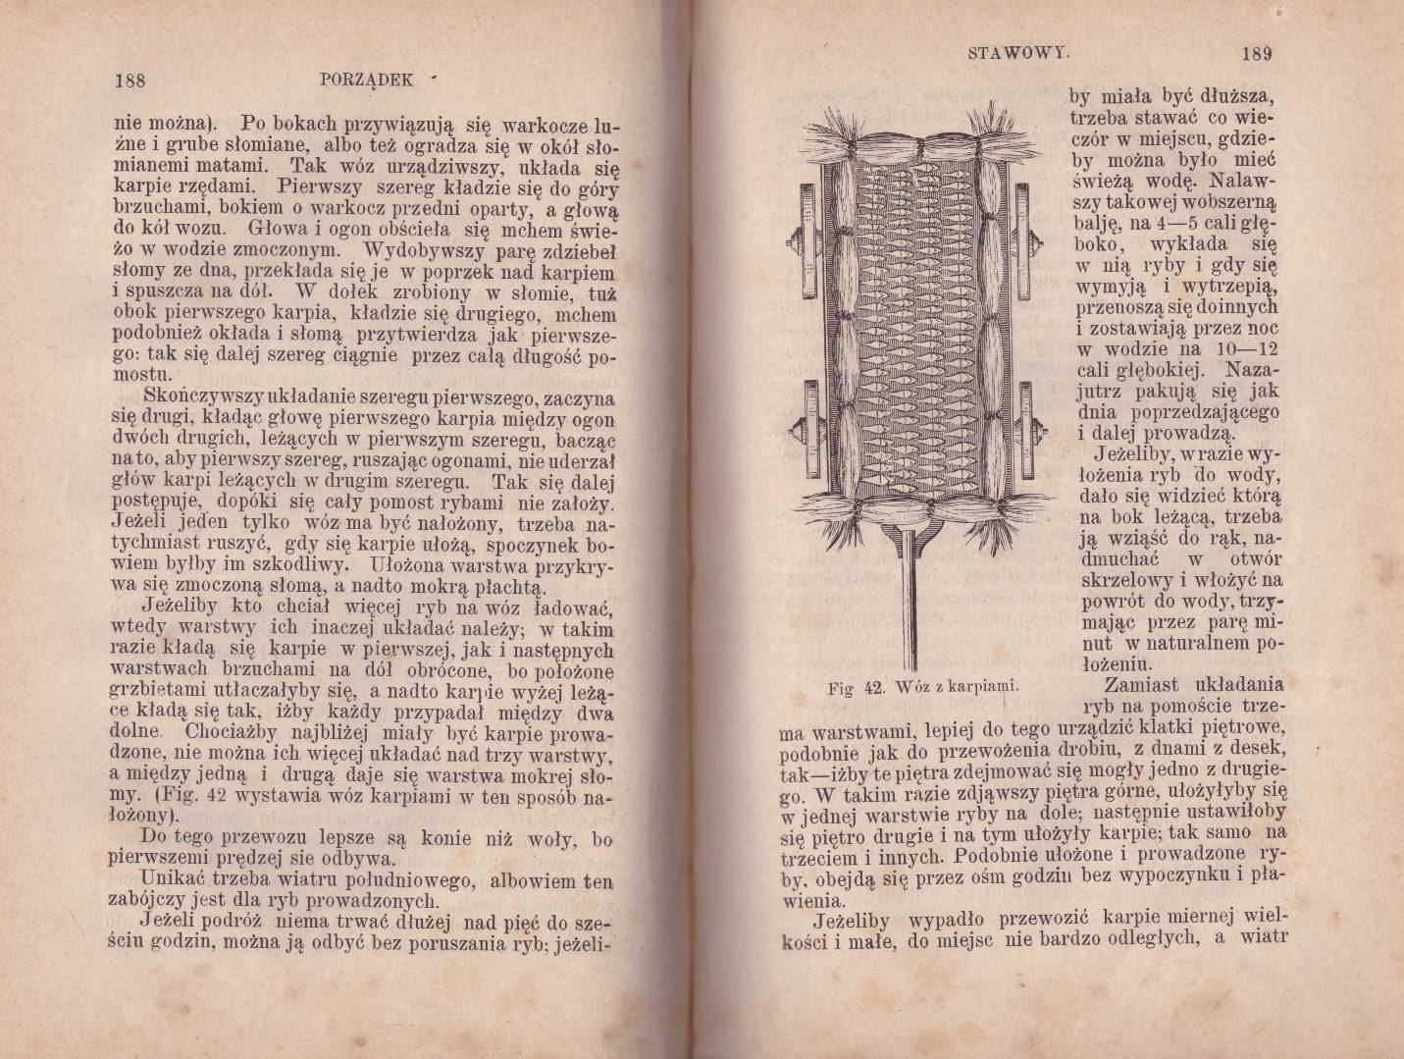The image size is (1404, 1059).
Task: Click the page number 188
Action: click(x=130, y=81)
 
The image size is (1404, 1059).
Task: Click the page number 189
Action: click(x=1256, y=53)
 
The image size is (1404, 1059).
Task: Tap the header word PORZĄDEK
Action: click(x=367, y=80)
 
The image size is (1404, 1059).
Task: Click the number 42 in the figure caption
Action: click(x=875, y=687)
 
